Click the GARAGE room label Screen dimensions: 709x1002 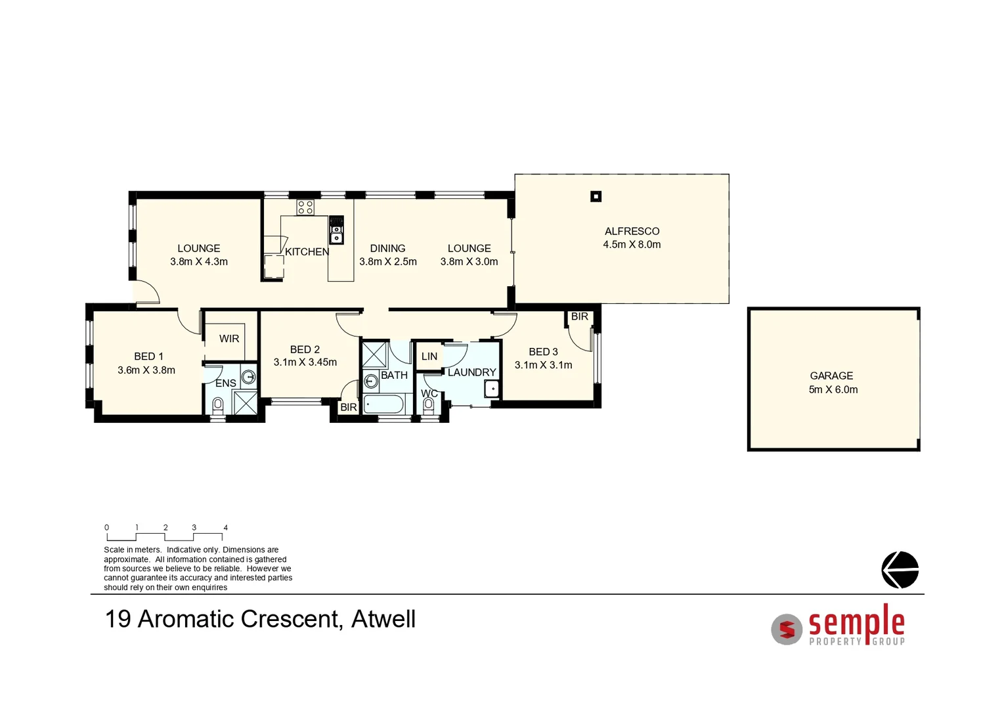coord(831,376)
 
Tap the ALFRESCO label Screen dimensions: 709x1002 coord(632,231)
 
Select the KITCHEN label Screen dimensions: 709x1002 coord(307,252)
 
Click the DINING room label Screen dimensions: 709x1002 coord(387,248)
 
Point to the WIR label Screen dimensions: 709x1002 coord(229,339)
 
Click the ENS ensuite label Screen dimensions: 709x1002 coord(226,383)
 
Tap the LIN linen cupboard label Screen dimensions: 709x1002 coord(429,356)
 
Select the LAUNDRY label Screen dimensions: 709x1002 coord(471,372)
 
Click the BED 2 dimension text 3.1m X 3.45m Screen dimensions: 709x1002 coord(305,362)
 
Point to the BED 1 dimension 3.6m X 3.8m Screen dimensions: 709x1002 coord(146,370)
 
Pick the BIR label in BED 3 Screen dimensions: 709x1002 coord(580,316)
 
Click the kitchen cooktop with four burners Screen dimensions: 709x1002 coord(305,207)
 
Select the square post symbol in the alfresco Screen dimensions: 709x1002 coord(596,196)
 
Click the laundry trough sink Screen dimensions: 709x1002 coord(492,389)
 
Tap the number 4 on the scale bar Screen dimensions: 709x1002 coord(226,528)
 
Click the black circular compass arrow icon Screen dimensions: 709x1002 coord(900,570)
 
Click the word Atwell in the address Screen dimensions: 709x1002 coord(383,619)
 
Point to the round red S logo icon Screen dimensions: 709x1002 coord(787,630)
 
